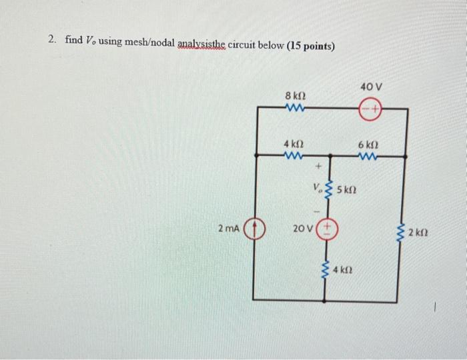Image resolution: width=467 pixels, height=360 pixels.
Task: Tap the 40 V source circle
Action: click(370, 107)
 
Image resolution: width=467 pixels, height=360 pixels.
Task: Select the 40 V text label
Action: click(370, 87)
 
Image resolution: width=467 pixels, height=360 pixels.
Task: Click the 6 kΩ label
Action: click(368, 145)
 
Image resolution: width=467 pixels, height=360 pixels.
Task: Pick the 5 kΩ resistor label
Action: click(348, 189)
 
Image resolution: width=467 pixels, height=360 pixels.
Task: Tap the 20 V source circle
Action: click(327, 229)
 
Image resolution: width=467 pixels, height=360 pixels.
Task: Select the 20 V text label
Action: click(303, 229)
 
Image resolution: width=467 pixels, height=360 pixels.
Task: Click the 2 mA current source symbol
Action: click(254, 229)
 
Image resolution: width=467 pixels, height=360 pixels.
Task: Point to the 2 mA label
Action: click(228, 229)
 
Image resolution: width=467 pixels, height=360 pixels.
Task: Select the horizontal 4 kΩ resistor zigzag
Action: click(294, 157)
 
